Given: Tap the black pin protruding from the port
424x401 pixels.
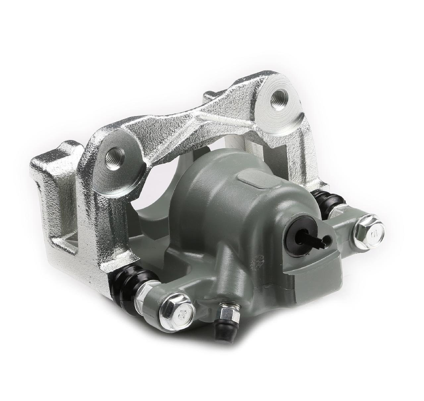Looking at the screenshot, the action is pyautogui.click(x=311, y=239).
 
